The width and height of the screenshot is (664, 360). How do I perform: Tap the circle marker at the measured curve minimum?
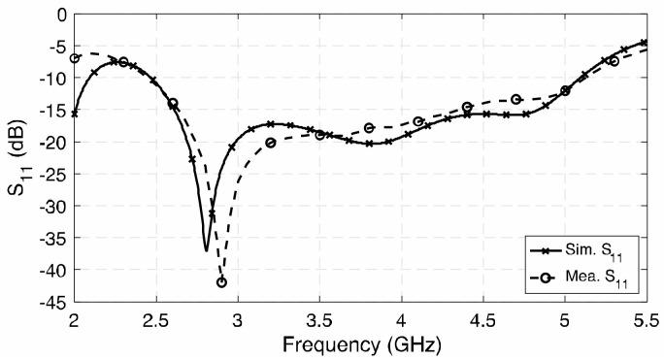[221, 282]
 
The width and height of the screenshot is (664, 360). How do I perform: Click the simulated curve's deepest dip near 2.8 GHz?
[206, 250]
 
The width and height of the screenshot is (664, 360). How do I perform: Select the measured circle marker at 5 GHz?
[565, 90]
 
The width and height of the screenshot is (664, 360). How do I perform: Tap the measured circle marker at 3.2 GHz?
[271, 143]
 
